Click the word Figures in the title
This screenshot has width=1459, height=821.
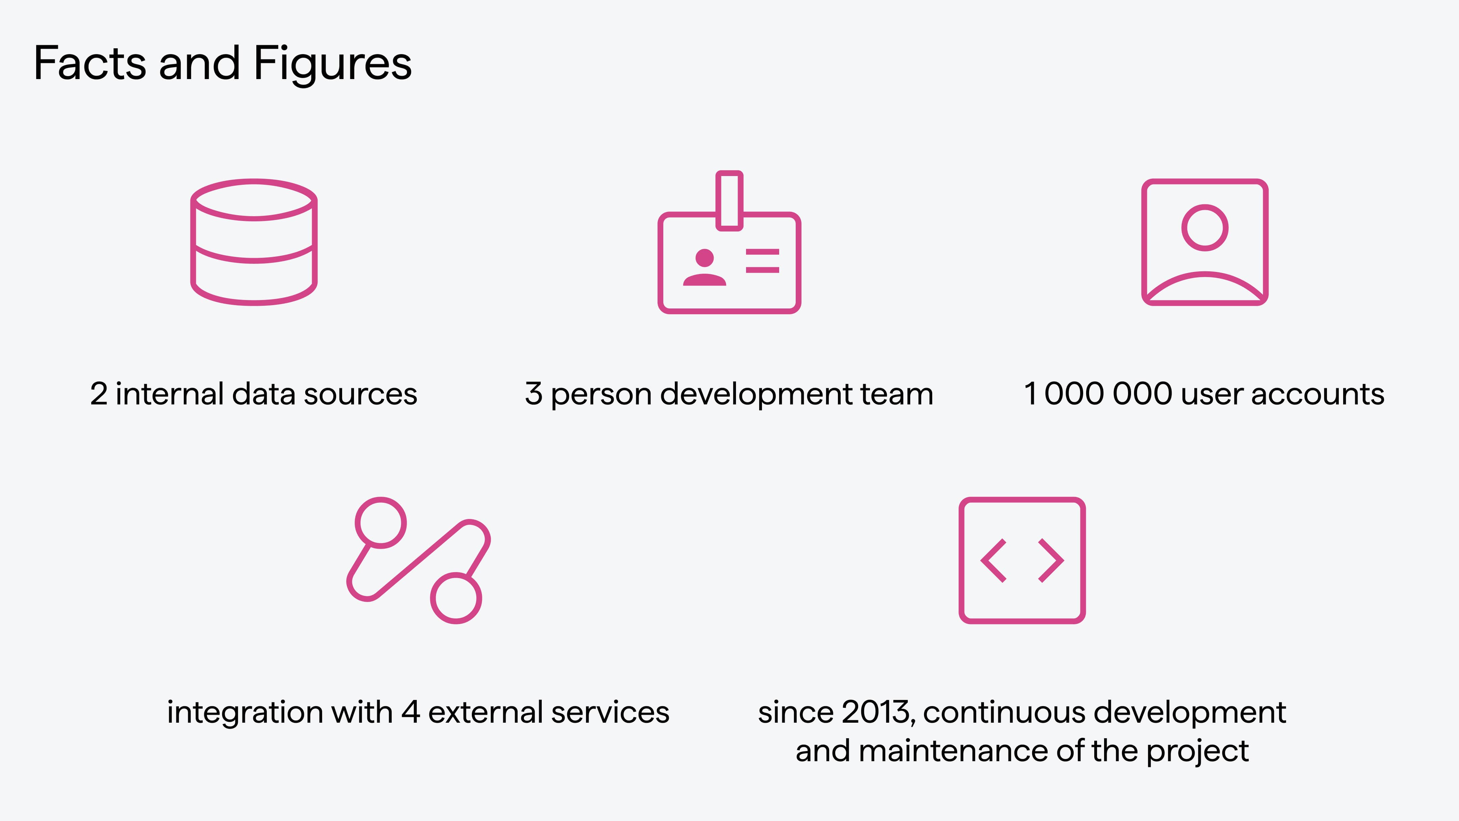[x=332, y=64]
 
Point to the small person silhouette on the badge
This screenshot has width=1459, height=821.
[x=704, y=268]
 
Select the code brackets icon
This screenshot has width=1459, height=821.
[x=1022, y=561]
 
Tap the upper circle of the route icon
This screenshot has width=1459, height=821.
[x=381, y=522]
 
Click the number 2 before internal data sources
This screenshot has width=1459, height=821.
[x=99, y=394]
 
